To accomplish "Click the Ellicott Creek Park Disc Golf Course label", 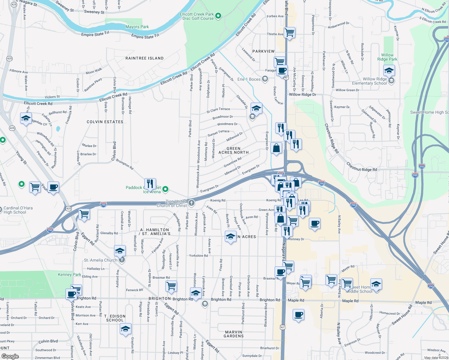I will click(197, 16).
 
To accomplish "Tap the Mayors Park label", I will click(137, 27).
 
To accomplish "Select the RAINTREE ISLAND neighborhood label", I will click(144, 58).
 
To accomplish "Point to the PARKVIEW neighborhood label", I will click(263, 51).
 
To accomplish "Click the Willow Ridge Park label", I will click(387, 57).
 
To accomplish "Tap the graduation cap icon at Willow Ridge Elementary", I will click(389, 71).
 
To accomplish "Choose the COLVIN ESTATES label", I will click(105, 122).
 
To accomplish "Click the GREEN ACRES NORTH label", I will click(234, 150).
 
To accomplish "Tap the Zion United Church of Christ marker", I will click(191, 203).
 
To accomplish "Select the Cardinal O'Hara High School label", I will click(18, 210).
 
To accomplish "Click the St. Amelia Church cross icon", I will click(122, 260).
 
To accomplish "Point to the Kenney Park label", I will click(69, 274).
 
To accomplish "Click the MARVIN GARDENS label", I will click(234, 334).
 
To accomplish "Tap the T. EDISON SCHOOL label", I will click(115, 318).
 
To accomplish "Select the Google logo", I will click(10, 356).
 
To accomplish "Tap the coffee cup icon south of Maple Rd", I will click(298, 315).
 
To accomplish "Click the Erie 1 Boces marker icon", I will click(265, 79).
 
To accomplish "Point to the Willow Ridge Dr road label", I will click(303, 94).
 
